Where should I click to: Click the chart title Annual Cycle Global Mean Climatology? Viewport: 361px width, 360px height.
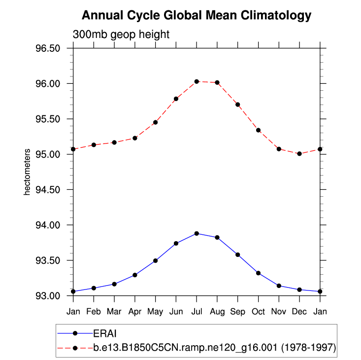(x=197, y=15)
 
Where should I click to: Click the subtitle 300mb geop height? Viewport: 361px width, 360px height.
(x=121, y=35)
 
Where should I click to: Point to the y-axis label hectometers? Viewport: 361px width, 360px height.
(x=28, y=172)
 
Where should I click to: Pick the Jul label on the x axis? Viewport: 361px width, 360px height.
(x=197, y=312)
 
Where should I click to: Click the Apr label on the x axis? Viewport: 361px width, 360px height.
(x=134, y=312)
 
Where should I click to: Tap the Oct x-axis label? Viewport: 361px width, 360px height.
(x=258, y=312)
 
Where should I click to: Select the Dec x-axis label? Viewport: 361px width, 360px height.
(x=299, y=312)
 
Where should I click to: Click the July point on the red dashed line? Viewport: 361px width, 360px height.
(x=197, y=81)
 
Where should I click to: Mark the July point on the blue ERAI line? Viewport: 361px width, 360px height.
(x=197, y=233)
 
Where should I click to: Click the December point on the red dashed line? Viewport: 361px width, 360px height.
(x=299, y=154)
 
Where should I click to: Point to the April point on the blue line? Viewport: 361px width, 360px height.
(x=134, y=275)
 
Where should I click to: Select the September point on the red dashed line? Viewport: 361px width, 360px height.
(x=238, y=105)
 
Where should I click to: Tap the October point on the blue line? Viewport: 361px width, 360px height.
(x=258, y=273)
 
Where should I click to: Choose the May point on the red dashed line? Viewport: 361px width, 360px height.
(x=155, y=122)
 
